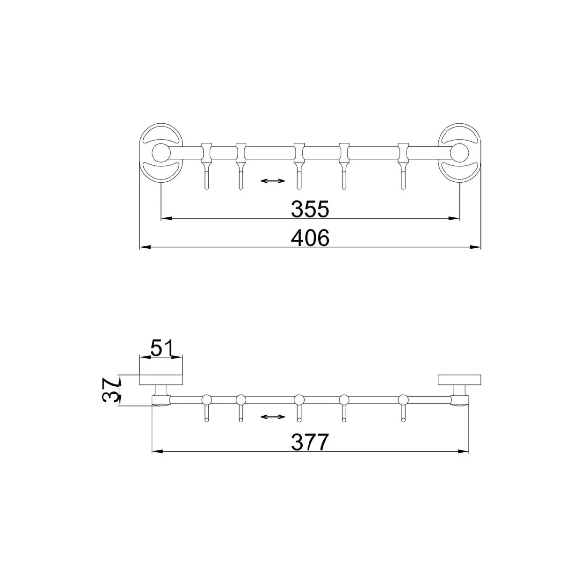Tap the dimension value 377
[309, 443]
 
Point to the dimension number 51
[162, 348]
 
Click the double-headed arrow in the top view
[273, 181]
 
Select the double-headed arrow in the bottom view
[273, 417]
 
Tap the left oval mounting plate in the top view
[161, 153]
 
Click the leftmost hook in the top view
[206, 166]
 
